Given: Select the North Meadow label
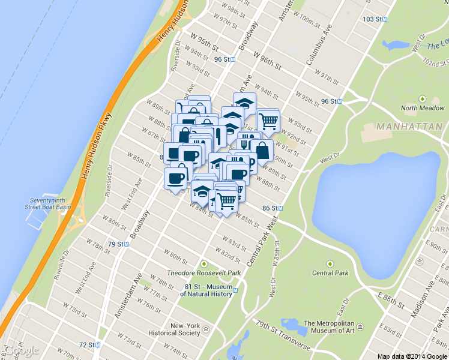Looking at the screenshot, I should pyautogui.click(x=423, y=109).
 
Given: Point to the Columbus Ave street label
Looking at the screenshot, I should pyautogui.click(x=318, y=46).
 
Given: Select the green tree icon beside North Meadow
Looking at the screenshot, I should pyautogui.click(x=423, y=98).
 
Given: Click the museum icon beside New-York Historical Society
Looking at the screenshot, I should pyautogui.click(x=206, y=329).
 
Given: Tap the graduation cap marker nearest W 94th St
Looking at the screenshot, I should pyautogui.click(x=244, y=103).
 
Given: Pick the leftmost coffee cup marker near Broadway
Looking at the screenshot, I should pyautogui.click(x=175, y=178).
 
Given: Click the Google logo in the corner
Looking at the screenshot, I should pyautogui.click(x=22, y=350).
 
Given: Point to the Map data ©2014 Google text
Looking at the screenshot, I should pyautogui.click(x=412, y=356).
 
